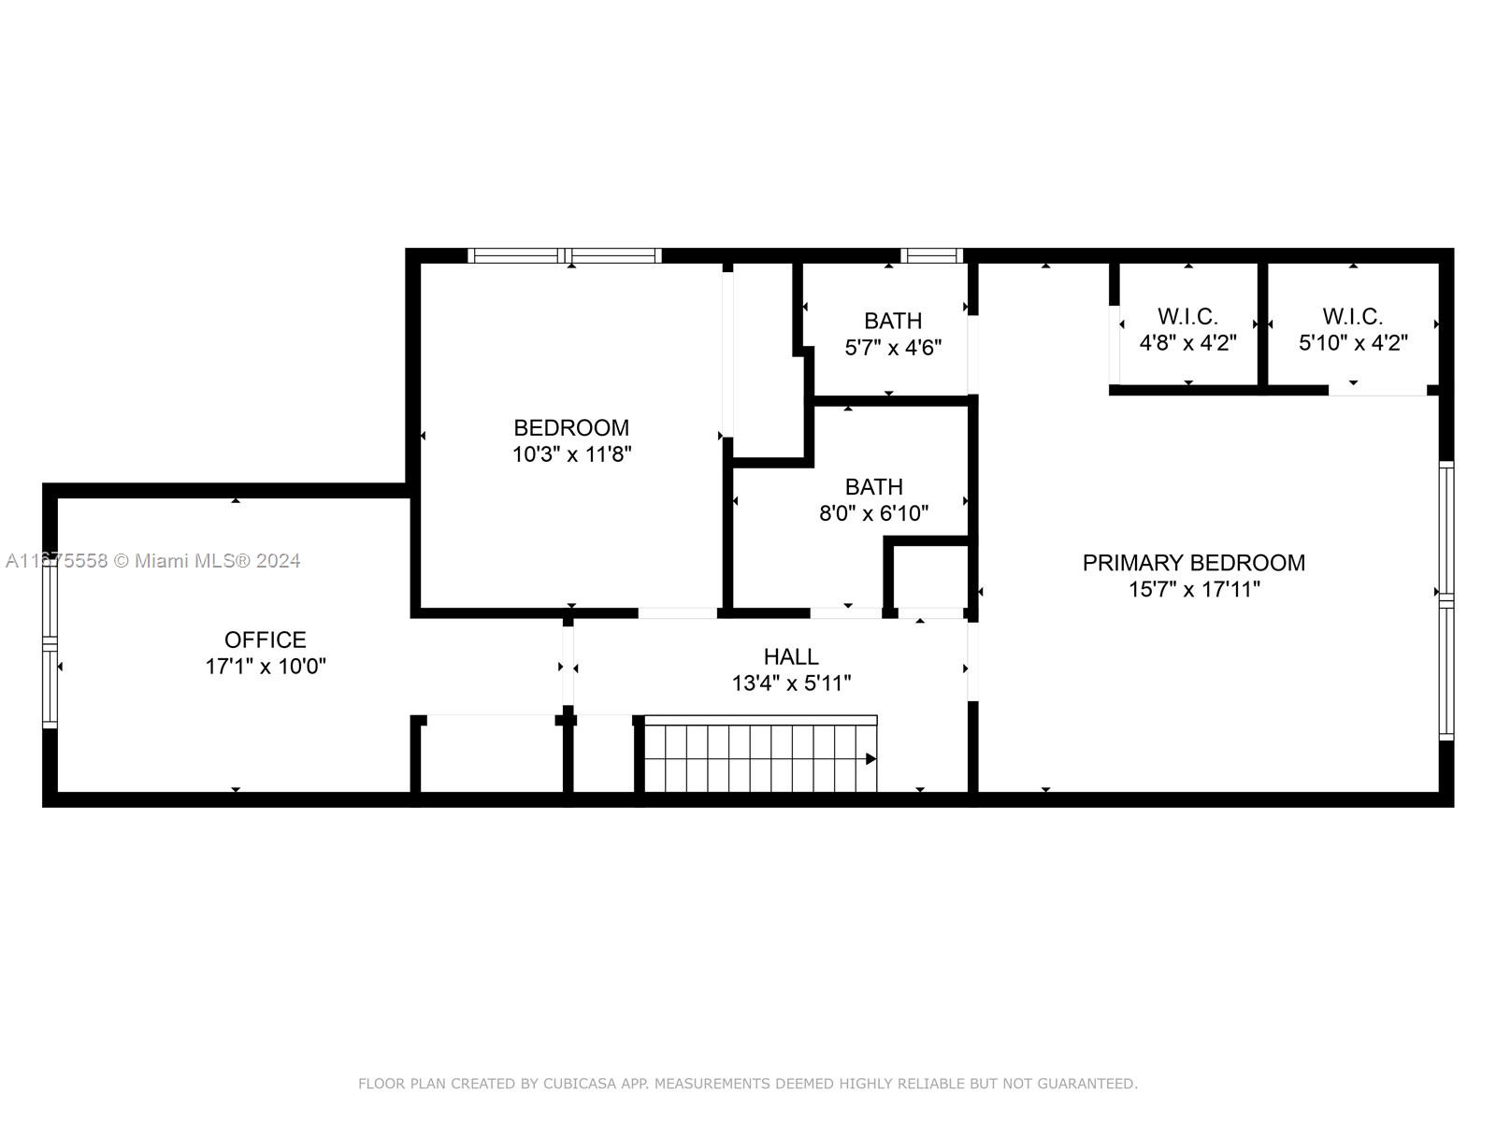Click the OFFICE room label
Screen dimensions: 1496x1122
click(x=266, y=640)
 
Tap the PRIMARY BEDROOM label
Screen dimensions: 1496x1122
click(x=1193, y=563)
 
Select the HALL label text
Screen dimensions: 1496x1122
click(x=791, y=656)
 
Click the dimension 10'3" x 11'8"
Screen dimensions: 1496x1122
click(x=572, y=453)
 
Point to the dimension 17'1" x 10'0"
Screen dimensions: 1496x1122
click(x=266, y=667)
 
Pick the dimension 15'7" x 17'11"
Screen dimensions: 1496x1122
click(x=1194, y=589)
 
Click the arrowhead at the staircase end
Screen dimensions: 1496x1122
click(x=871, y=759)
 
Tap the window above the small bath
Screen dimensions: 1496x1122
click(x=931, y=256)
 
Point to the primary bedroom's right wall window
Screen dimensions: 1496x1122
click(x=1446, y=600)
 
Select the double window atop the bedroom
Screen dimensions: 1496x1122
click(x=565, y=256)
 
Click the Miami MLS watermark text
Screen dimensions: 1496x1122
click(x=152, y=561)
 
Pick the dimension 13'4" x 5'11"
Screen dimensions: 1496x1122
click(x=791, y=683)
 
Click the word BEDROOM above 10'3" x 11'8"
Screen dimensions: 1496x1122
click(x=571, y=428)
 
